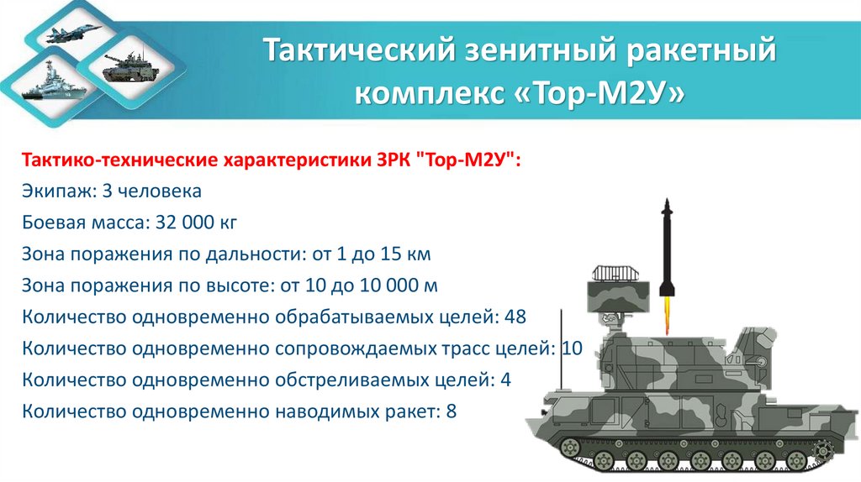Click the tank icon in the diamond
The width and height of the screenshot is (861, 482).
[x=124, y=67]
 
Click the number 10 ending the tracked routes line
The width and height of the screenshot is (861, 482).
[x=571, y=348]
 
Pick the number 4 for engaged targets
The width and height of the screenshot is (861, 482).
[x=505, y=380]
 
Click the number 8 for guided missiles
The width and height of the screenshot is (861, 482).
[x=451, y=411]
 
